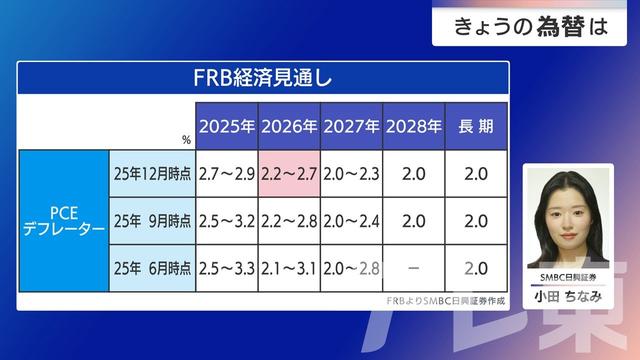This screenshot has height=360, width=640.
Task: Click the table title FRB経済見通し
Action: (x=262, y=76)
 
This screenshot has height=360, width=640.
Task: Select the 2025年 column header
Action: (x=227, y=126)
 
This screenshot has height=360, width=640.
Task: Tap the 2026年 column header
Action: (x=289, y=126)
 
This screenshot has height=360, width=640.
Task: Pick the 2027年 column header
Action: (x=351, y=126)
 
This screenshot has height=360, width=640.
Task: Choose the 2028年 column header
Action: (x=413, y=126)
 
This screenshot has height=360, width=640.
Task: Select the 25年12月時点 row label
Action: (x=150, y=173)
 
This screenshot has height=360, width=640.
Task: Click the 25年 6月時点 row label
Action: (x=150, y=267)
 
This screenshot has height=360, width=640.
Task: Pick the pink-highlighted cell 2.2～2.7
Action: (x=289, y=173)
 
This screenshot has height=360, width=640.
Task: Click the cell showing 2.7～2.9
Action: (x=227, y=173)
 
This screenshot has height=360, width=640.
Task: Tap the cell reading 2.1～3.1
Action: (x=289, y=267)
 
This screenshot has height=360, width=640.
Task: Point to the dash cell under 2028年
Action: (x=413, y=267)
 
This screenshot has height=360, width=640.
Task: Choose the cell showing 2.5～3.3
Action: (x=227, y=267)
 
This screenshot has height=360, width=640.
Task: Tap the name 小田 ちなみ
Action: (x=566, y=294)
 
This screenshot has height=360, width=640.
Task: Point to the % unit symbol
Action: (x=186, y=141)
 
